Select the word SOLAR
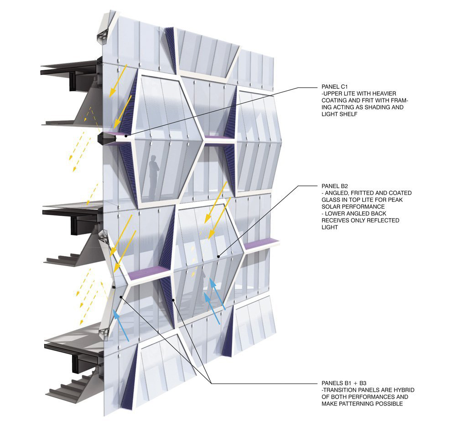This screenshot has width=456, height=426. (332, 207)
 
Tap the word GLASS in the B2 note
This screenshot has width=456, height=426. (332, 200)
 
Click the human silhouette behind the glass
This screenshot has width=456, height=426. (154, 172)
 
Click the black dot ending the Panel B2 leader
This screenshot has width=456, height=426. (218, 257)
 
